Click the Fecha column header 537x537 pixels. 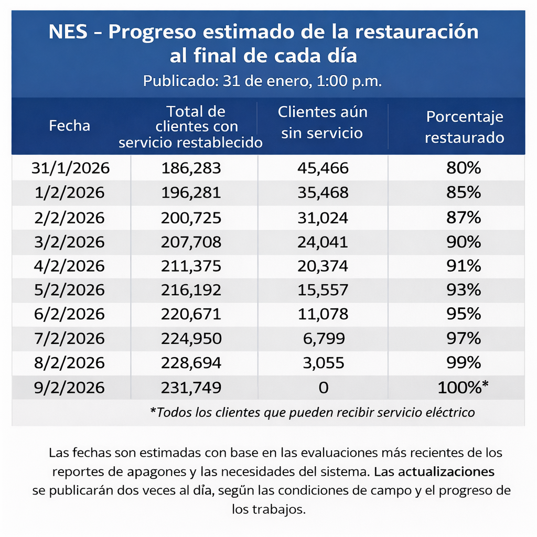pyautogui.click(x=69, y=126)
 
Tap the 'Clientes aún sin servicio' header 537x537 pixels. pyautogui.click(x=322, y=122)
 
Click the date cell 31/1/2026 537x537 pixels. pyautogui.click(x=70, y=168)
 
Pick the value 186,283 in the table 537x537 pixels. pyautogui.click(x=191, y=168)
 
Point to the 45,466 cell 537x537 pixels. pyautogui.click(x=323, y=168)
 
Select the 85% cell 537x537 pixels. pyautogui.click(x=464, y=192)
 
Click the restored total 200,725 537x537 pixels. pyautogui.click(x=191, y=217)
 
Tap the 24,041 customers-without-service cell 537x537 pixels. pyautogui.click(x=323, y=241)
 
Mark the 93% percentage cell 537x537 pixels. pyautogui.click(x=464, y=290)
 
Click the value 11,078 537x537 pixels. pyautogui.click(x=323, y=314)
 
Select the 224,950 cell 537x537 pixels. pyautogui.click(x=191, y=339)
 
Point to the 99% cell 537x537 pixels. pyautogui.click(x=464, y=363)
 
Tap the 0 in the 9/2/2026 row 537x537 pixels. pyautogui.click(x=323, y=388)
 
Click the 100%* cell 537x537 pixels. pyautogui.click(x=464, y=388)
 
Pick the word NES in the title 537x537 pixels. pyautogui.click(x=68, y=33)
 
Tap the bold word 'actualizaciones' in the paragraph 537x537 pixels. pyautogui.click(x=446, y=471)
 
